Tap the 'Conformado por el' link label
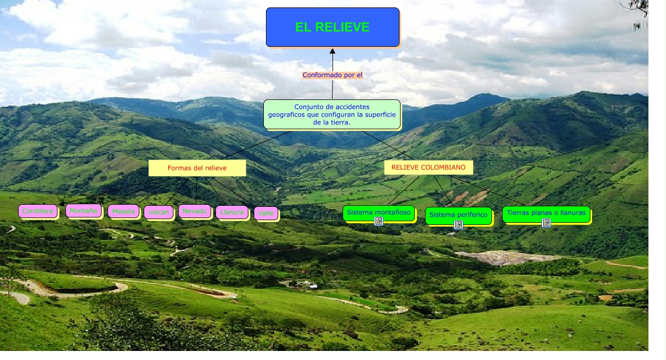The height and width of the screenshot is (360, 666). [x=332, y=75]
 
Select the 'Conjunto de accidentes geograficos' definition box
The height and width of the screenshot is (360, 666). [x=332, y=114]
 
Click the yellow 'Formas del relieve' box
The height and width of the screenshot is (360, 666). [x=197, y=168]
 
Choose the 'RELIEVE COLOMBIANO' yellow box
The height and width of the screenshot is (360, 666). [x=428, y=168]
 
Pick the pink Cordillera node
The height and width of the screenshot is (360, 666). [x=38, y=211]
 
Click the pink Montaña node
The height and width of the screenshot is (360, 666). [x=84, y=211]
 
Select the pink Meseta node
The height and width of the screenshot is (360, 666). [x=123, y=211]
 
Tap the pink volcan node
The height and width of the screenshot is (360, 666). [x=159, y=212]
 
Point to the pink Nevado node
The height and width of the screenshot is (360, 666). [x=194, y=211]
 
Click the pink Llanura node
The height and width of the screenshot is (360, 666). [x=231, y=212]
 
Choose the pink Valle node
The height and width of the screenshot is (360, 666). [x=265, y=213]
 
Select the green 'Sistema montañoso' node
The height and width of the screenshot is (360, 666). [x=378, y=212]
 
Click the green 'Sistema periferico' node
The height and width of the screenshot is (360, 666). [x=458, y=215]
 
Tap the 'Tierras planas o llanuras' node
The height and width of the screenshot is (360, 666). [x=546, y=213]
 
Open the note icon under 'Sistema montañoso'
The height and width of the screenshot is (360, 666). [x=379, y=221]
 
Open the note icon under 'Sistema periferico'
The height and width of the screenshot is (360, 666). [x=458, y=225]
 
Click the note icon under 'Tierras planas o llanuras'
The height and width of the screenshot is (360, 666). [x=546, y=223]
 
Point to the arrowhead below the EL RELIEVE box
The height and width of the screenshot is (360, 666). [x=332, y=52]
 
